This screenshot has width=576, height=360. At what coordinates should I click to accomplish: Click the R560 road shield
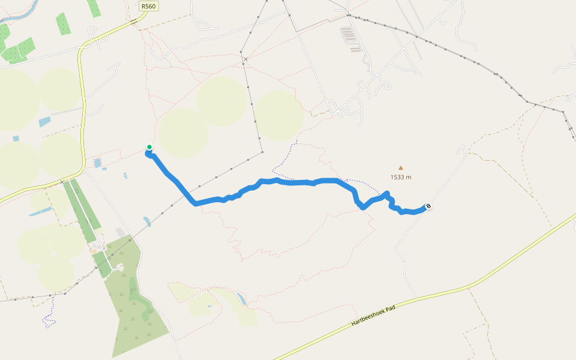click(149, 6)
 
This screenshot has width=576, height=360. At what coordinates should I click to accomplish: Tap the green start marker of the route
click(149, 147)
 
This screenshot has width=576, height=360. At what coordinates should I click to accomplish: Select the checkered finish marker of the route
click(428, 207)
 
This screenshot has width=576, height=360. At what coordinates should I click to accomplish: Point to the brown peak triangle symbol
click(401, 169)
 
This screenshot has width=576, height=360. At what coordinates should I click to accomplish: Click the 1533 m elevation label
click(401, 177)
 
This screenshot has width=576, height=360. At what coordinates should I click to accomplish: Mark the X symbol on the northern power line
click(245, 59)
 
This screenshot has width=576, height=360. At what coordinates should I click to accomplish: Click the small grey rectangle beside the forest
click(121, 232)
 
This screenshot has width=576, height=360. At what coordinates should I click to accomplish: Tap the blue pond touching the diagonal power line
click(147, 221)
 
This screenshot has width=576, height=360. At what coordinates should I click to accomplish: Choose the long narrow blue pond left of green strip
click(40, 211)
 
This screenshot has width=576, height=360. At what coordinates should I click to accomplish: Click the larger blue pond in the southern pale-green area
click(241, 298)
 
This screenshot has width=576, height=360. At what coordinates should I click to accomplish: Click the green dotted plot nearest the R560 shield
click(95, 7)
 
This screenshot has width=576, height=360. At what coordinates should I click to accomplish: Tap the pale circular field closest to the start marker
click(183, 133)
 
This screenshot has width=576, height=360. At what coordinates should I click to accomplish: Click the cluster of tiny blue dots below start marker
click(125, 176)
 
